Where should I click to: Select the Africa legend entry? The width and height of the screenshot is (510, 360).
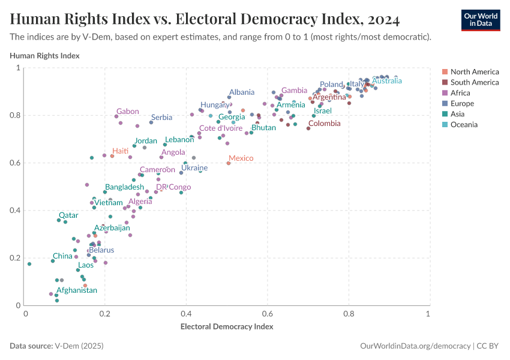pyautogui.click(x=464, y=93)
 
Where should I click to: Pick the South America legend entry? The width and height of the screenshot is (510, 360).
pyautogui.click(x=474, y=82)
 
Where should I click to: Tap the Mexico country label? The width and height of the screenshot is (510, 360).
pyautogui.click(x=241, y=158)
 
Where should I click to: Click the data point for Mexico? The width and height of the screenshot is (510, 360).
pyautogui.click(x=229, y=163)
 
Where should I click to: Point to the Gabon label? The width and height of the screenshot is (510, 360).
pyautogui.click(x=128, y=111)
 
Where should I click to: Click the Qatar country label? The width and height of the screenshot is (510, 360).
pyautogui.click(x=68, y=215)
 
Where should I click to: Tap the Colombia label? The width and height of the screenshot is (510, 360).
pyautogui.click(x=324, y=124)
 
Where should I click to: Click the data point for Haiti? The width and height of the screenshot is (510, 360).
pyautogui.click(x=112, y=156)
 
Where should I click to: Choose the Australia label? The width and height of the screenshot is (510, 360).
pyautogui.click(x=387, y=80)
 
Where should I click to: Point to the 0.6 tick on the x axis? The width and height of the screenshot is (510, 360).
pyautogui.click(x=267, y=314)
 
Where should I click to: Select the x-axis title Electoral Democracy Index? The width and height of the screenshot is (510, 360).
pyautogui.click(x=227, y=326)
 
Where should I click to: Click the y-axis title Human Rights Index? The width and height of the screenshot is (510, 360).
pyautogui.click(x=44, y=56)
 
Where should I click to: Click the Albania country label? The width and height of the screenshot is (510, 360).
pyautogui.click(x=242, y=92)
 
